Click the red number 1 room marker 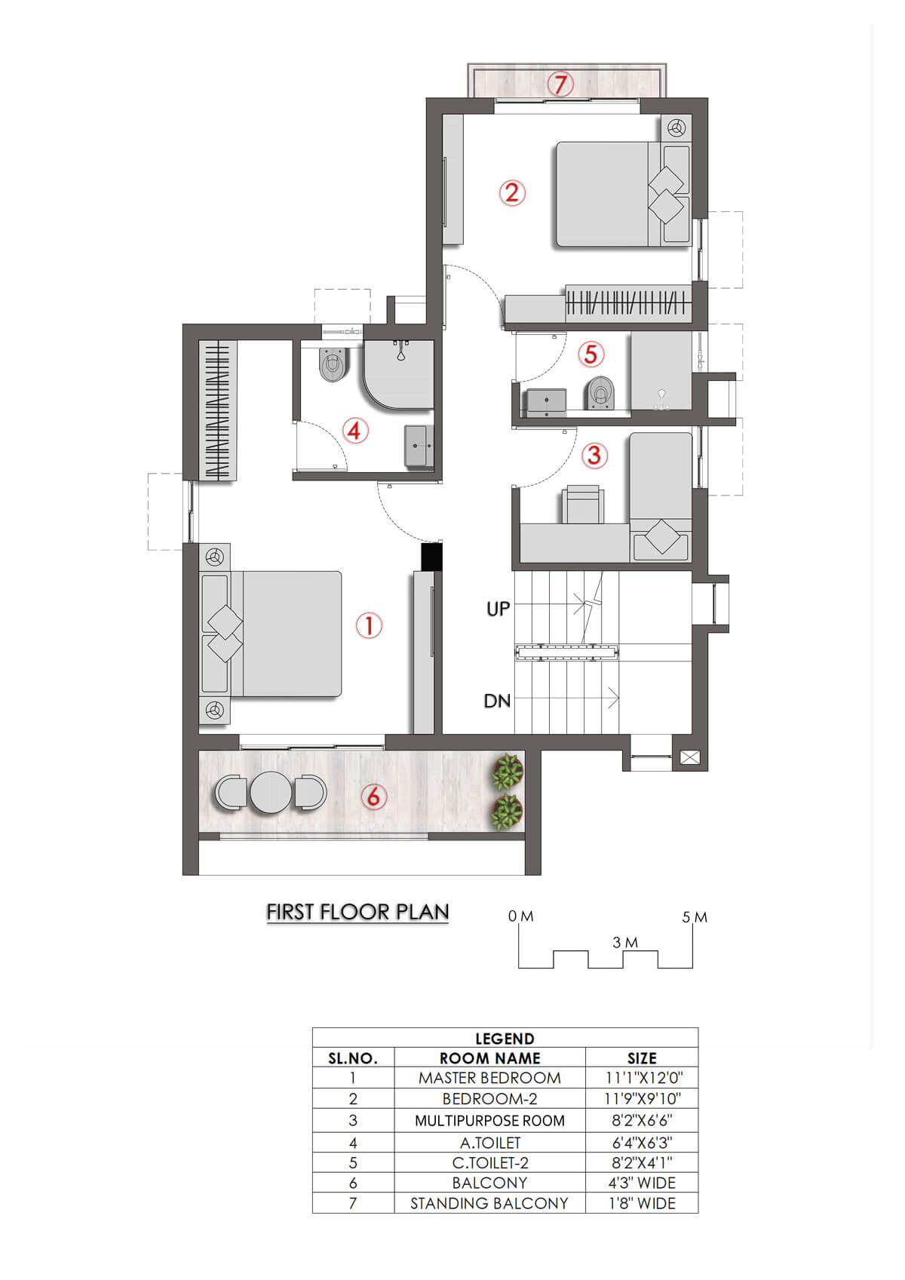click(x=369, y=625)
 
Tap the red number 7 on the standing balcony click(x=560, y=84)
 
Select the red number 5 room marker click(x=591, y=354)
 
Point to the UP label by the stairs click(x=498, y=609)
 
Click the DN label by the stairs click(x=497, y=701)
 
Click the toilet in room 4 click(x=333, y=364)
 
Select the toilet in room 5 click(x=600, y=392)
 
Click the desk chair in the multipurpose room click(x=583, y=504)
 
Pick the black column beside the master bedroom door click(x=431, y=557)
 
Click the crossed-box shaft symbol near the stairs click(x=689, y=757)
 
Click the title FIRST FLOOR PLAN click(x=357, y=912)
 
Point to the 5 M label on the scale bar click(x=695, y=917)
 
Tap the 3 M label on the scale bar click(x=625, y=942)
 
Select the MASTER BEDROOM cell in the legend click(x=489, y=1078)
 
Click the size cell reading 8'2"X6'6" click(x=642, y=1121)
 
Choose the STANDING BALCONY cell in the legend click(x=489, y=1203)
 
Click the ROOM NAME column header click(x=489, y=1058)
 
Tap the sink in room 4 click(x=419, y=446)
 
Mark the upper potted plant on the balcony click(x=508, y=771)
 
